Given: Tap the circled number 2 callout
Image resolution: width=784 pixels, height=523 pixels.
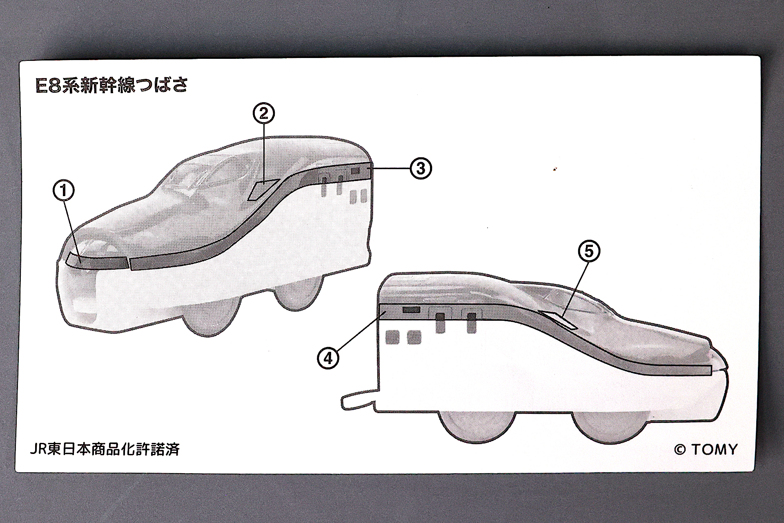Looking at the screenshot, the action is [264, 114].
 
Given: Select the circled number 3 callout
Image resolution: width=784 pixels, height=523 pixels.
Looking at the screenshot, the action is [421, 168].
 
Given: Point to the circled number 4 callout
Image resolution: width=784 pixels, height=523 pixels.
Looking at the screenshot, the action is [328, 358].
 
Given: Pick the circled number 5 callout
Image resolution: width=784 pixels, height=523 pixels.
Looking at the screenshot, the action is [589, 251].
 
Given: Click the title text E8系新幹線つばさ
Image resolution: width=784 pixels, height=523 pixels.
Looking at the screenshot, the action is [112, 86].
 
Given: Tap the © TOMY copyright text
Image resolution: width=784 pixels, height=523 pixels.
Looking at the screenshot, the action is [706, 449].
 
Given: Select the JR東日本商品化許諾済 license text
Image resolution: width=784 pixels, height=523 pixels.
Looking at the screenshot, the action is [105, 449].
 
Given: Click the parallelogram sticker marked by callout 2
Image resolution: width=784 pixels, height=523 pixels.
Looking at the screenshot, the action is [263, 189].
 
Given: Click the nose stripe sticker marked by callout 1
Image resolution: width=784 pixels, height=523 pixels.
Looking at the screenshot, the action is [96, 261].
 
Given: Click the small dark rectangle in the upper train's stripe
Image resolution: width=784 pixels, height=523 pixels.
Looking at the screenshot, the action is [355, 170].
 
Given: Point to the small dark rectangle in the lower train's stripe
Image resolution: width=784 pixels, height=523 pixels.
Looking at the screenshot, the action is [411, 310].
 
